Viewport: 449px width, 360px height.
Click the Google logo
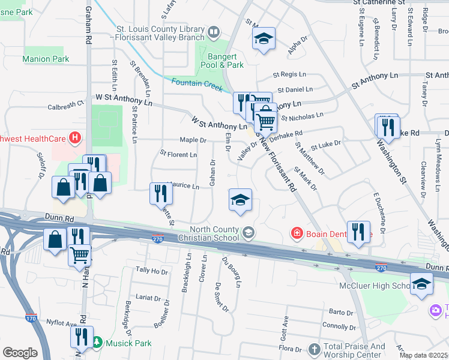20,353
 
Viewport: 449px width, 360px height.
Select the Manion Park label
46,59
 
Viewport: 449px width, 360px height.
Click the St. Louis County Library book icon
213,31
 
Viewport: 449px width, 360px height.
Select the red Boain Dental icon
297,233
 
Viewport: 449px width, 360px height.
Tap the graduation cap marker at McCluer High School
421,283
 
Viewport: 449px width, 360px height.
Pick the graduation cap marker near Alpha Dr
264,39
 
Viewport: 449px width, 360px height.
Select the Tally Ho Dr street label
152,271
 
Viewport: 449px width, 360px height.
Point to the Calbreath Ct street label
65,104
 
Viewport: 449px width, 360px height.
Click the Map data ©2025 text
423,355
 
